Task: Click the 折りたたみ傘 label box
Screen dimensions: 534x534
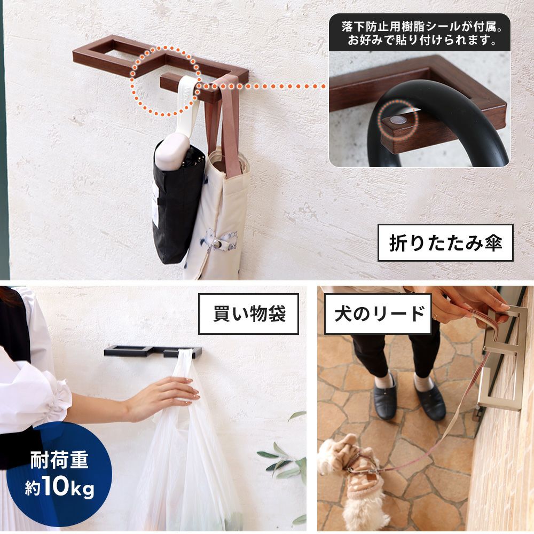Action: pyautogui.click(x=445, y=243)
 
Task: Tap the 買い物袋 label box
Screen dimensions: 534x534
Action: pyautogui.click(x=248, y=313)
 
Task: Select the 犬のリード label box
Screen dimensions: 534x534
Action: pyautogui.click(x=378, y=313)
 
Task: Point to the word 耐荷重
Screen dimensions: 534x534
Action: pyautogui.click(x=59, y=460)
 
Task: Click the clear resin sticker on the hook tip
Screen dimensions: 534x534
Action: pyautogui.click(x=398, y=120)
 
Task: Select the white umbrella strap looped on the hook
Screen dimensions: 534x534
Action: pyautogui.click(x=187, y=102)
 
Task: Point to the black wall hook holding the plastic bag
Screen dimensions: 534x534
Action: pyautogui.click(x=153, y=351)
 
